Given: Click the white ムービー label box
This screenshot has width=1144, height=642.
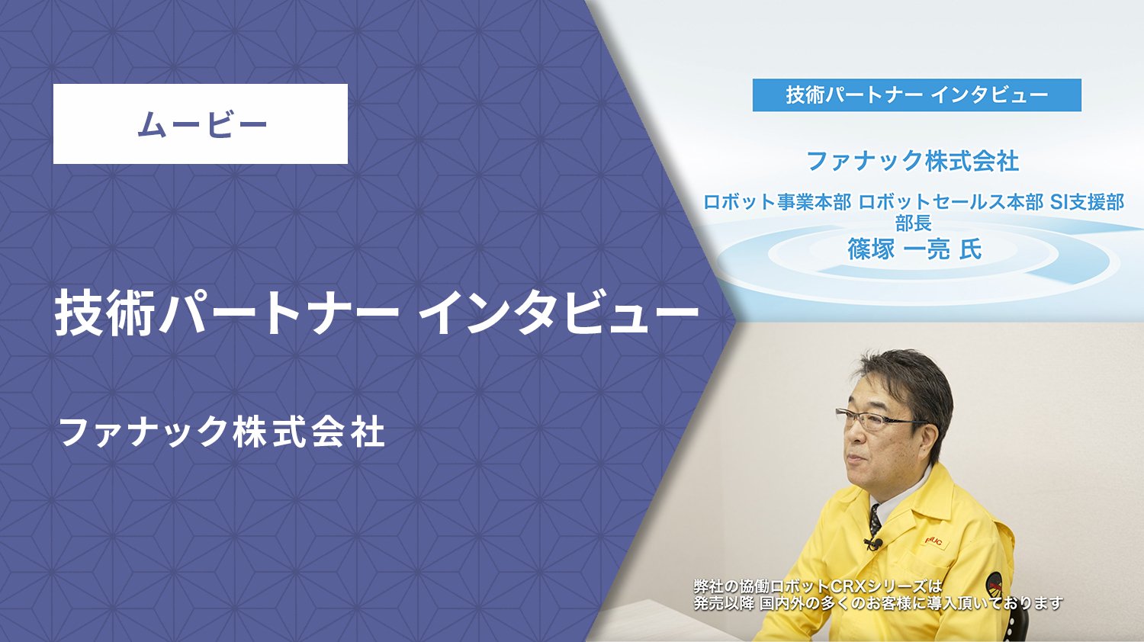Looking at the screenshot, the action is point(200,124).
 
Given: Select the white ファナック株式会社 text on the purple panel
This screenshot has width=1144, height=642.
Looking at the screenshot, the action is point(222,432).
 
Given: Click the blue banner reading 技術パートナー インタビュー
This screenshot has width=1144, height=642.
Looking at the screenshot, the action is point(917,95).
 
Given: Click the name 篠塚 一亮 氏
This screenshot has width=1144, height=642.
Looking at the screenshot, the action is point(914,249).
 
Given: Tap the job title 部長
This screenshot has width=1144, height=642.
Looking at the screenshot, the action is point(914,223).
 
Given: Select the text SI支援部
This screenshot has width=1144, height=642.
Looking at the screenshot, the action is point(1088,202).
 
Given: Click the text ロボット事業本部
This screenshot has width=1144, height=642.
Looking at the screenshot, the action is point(777,202).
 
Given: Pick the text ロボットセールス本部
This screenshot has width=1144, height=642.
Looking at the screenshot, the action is point(951,202).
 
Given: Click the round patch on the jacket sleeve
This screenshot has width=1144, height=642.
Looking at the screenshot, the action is point(993,586).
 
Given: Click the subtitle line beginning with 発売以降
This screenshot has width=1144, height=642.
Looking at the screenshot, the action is point(878,603).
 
